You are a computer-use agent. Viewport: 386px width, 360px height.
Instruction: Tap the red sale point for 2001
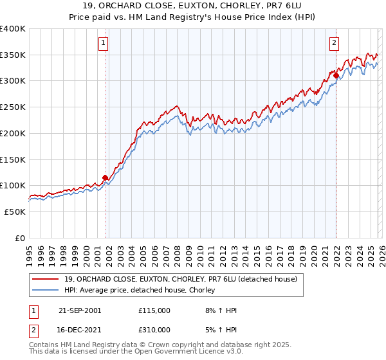coord(106,178)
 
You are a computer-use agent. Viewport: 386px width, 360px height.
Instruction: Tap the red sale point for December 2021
coord(336,76)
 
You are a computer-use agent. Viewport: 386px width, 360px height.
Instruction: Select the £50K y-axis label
coord(15,212)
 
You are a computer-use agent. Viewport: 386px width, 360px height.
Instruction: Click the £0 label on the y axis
coord(21,238)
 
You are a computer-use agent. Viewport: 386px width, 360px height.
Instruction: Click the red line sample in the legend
coord(46,280)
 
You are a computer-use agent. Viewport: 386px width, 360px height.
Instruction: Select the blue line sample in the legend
coord(46,291)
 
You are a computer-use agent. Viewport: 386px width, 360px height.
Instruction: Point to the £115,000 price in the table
coord(154,310)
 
